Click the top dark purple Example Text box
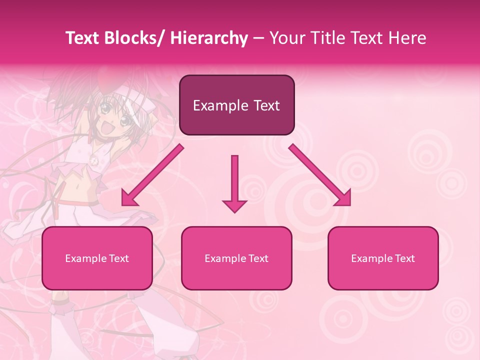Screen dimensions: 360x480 [x=236, y=105]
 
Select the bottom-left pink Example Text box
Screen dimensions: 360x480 [x=97, y=258]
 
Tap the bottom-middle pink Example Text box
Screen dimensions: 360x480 [x=236, y=258]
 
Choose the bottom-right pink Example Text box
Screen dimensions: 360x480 [x=383, y=258]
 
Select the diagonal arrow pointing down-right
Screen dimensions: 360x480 [x=320, y=175]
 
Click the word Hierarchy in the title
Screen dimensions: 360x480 [x=209, y=38]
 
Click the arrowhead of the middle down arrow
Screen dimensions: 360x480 [x=234, y=205]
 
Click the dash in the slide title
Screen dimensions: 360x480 [x=258, y=38]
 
